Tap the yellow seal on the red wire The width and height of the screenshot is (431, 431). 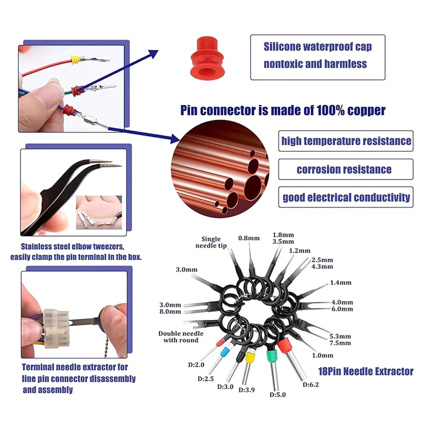click(x=75, y=59)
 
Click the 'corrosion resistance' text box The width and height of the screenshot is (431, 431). click(x=346, y=169)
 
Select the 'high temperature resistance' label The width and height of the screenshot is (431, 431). click(x=346, y=141)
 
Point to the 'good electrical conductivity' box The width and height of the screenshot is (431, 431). click(x=346, y=197)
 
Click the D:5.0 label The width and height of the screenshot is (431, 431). click(x=278, y=395)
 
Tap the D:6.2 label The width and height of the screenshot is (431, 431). click(x=311, y=385)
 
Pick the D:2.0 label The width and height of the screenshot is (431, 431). click(x=196, y=365)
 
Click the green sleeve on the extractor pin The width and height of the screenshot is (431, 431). click(x=272, y=356)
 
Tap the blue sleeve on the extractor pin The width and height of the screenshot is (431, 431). click(x=224, y=352)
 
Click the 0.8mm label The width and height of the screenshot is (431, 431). click(x=249, y=238)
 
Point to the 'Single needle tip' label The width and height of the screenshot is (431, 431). click(x=211, y=242)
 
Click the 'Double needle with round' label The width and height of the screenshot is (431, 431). click(x=181, y=337)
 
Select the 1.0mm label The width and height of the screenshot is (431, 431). click(x=323, y=355)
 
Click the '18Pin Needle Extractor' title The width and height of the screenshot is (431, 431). click(x=366, y=372)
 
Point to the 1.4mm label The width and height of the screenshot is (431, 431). click(x=341, y=282)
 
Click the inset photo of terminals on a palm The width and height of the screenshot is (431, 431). click(x=99, y=212)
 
